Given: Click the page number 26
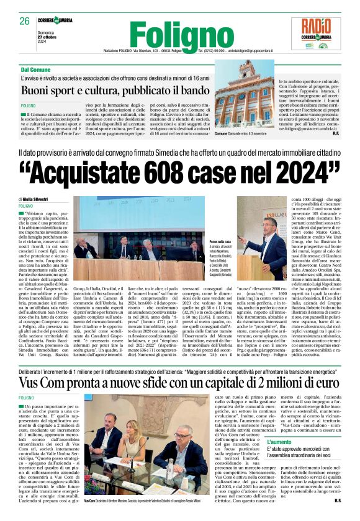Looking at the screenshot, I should click(25, 21).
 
